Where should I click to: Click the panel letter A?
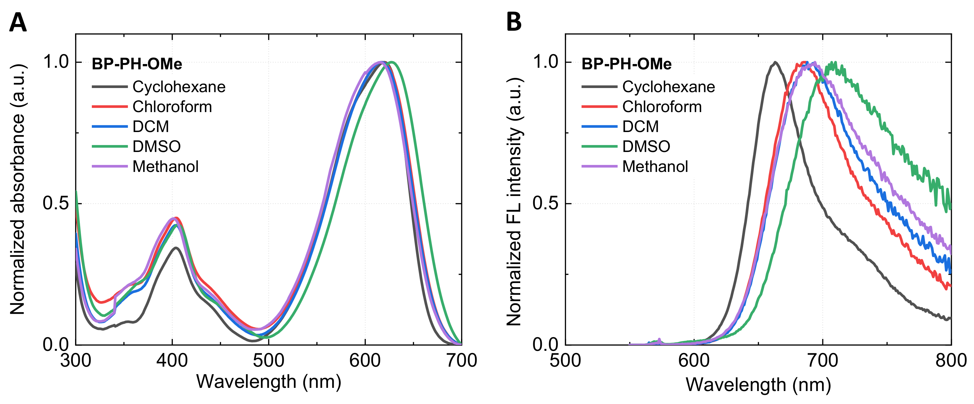coord(18,23)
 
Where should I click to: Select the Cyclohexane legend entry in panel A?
coord(179,87)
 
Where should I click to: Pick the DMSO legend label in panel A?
coord(156,147)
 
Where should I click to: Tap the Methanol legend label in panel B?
coord(655,167)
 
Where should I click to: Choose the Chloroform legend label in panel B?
coord(662,107)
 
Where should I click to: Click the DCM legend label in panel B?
coord(640,127)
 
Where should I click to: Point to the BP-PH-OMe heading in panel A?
coord(137,64)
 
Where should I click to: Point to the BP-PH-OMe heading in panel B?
coord(627,64)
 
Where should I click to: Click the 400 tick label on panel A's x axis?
coord(172,361)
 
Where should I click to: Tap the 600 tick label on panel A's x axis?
coord(365,361)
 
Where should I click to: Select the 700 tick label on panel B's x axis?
coord(822,361)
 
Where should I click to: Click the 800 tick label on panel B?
coord(951,361)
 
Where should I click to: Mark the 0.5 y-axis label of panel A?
coord(56,203)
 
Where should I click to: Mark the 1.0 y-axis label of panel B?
coord(545,62)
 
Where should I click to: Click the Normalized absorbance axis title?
coord(17,189)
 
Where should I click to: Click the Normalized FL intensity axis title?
coord(514,201)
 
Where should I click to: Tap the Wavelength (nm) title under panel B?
coord(758,385)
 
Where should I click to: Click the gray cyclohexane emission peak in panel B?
coord(775,62)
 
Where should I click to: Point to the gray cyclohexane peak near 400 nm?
coord(176,248)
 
